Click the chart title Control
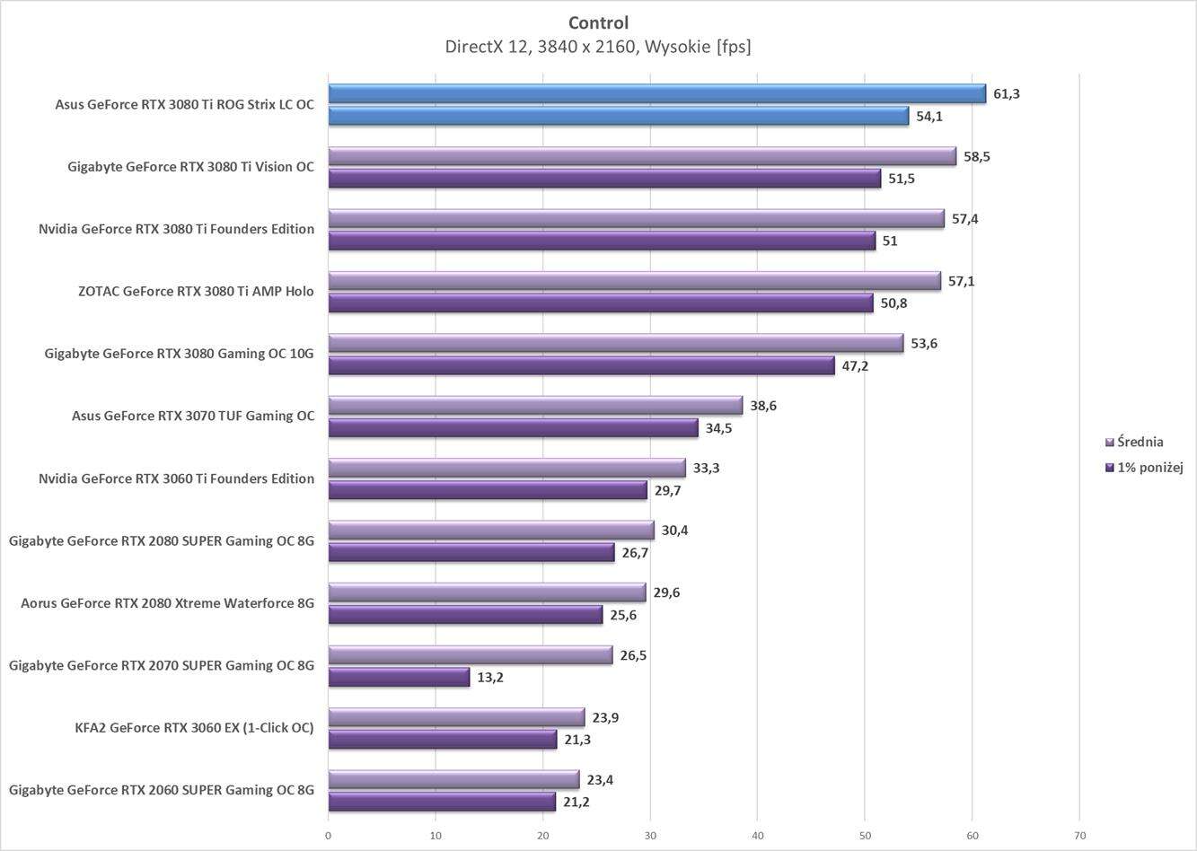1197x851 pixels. [598, 22]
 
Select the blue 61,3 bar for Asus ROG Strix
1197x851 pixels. [656, 93]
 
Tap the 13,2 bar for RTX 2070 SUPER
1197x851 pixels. [399, 677]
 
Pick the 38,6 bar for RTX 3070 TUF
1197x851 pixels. [535, 406]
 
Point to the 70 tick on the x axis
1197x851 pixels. [1079, 836]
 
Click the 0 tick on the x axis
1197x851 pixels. [329, 836]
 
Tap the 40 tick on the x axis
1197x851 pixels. [757, 836]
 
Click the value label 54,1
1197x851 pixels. [929, 116]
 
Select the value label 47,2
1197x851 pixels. [855, 365]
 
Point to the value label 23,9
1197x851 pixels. [604, 717]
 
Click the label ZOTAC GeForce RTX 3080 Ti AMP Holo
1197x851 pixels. [196, 291]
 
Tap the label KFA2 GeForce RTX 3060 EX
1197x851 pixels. [194, 727]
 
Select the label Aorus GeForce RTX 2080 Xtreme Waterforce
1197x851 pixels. [167, 603]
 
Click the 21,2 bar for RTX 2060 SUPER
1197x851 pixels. [442, 802]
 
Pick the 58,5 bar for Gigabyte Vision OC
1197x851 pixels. [642, 156]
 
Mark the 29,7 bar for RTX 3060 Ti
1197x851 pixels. [488, 490]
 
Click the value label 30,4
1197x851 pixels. [674, 530]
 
